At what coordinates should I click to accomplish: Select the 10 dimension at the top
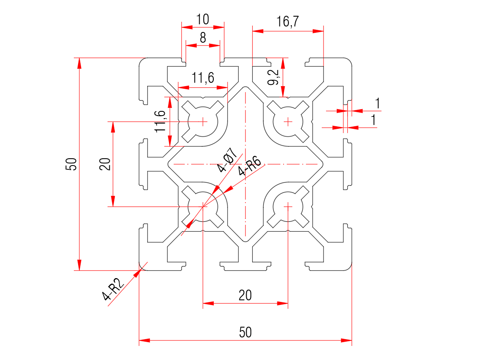[x=203, y=19]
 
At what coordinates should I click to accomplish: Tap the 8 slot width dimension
[x=203, y=38]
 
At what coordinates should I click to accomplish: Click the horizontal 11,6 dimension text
[x=203, y=78]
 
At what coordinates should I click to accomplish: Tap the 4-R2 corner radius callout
[x=113, y=290]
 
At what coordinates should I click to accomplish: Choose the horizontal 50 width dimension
[x=245, y=332]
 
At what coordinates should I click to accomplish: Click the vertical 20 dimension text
[x=105, y=164]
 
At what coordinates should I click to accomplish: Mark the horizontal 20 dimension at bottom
[x=245, y=295]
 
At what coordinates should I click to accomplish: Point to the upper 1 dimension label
[x=377, y=103]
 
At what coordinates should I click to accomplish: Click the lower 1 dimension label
[x=374, y=120]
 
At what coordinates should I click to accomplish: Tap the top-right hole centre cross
[x=288, y=122]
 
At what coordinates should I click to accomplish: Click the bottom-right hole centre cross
[x=288, y=207]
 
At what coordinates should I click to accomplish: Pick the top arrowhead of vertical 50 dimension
[x=79, y=63]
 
